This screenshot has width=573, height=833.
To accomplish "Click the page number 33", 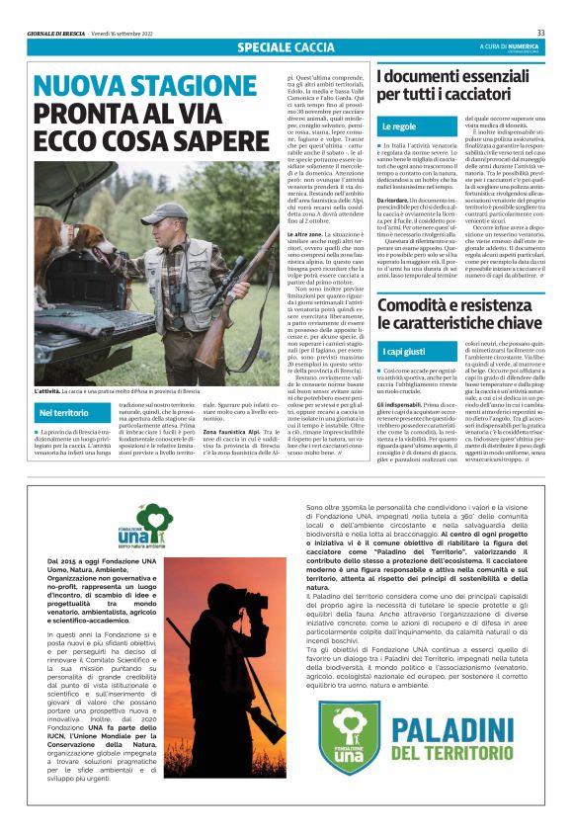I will [540, 33].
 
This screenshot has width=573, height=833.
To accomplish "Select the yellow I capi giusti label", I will [403, 352].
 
